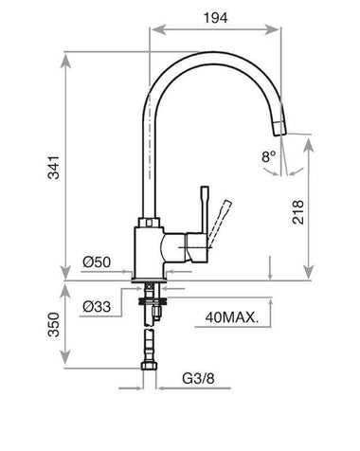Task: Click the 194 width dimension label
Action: [x=215, y=18]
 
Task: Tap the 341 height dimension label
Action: [x=54, y=167]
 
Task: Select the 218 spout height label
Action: [x=297, y=212]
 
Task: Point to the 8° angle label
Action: [x=268, y=156]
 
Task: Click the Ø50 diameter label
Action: [x=97, y=262]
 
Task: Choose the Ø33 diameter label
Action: [x=97, y=306]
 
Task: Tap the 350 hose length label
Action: [x=54, y=325]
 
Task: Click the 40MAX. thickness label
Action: [x=232, y=317]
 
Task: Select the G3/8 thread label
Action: [x=198, y=378]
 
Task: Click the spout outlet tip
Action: [x=279, y=133]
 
